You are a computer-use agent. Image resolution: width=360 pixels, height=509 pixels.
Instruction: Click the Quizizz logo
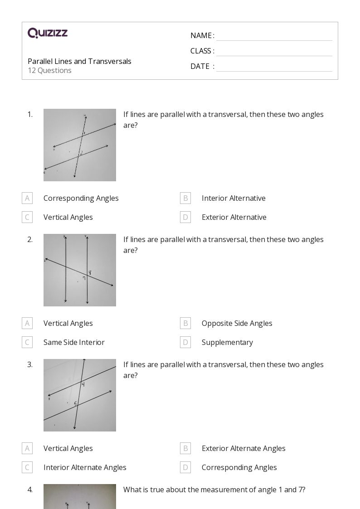pyautogui.click(x=48, y=33)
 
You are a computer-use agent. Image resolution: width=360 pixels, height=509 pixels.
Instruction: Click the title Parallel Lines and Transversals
pyautogui.click(x=79, y=61)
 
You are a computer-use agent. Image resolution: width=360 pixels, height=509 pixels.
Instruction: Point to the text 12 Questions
pyautogui.click(x=49, y=70)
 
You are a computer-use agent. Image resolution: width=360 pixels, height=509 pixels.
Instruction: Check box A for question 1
pyautogui.click(x=27, y=198)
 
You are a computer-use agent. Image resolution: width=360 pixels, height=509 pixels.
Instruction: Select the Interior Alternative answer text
pyautogui.click(x=234, y=198)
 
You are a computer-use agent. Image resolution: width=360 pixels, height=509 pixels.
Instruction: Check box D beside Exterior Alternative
pyautogui.click(x=185, y=217)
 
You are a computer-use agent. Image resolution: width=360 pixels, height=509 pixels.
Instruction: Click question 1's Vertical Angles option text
pyautogui.click(x=68, y=217)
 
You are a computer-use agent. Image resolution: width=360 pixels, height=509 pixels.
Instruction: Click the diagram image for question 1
pyautogui.click(x=80, y=145)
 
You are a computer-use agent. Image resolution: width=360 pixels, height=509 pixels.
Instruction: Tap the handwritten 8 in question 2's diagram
pyautogui.click(x=90, y=272)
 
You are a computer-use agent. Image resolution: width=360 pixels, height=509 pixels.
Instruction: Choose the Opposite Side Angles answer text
pyautogui.click(x=237, y=323)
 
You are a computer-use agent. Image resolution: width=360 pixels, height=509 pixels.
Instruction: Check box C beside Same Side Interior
pyautogui.click(x=27, y=342)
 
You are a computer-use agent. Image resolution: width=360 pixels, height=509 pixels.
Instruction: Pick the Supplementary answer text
pyautogui.click(x=227, y=342)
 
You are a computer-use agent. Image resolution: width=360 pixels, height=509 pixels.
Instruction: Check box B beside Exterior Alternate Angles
pyautogui.click(x=185, y=448)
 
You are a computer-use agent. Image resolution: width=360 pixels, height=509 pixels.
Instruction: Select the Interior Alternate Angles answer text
pyautogui.click(x=85, y=467)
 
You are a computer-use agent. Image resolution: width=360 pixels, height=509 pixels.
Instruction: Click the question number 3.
pyautogui.click(x=30, y=364)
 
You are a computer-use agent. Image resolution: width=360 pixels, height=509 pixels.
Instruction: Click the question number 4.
pyautogui.click(x=30, y=490)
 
